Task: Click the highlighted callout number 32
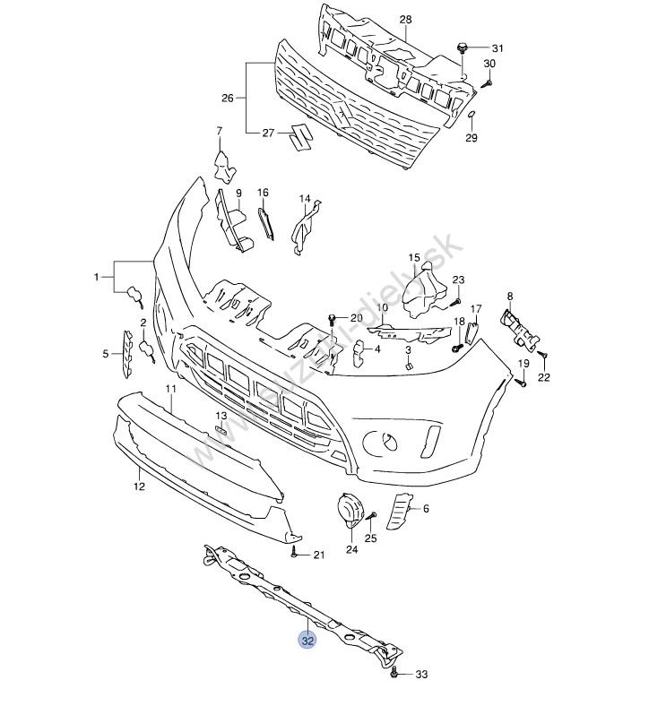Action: pyautogui.click(x=307, y=641)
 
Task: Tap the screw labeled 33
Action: pyautogui.click(x=395, y=675)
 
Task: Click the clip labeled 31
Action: pyautogui.click(x=463, y=47)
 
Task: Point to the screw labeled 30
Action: pyautogui.click(x=487, y=82)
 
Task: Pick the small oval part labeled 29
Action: pyautogui.click(x=471, y=116)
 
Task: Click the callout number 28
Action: pyautogui.click(x=405, y=19)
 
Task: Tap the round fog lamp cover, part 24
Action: pyautogui.click(x=348, y=511)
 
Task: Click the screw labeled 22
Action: pyautogui.click(x=541, y=357)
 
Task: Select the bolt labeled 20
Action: pyautogui.click(x=333, y=318)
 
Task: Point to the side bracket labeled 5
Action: pyautogui.click(x=129, y=353)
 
